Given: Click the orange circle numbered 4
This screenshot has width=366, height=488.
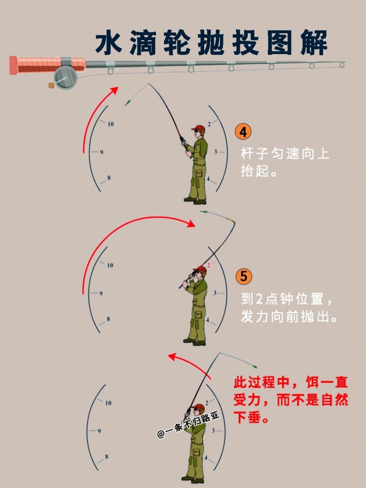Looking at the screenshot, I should pyautogui.click(x=243, y=132).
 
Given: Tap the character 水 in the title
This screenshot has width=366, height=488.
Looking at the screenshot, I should pyautogui.click(x=109, y=43).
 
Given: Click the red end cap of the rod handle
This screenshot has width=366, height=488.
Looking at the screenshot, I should pyautogui.click(x=13, y=65).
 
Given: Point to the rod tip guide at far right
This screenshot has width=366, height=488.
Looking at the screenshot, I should pyautogui.click(x=342, y=64).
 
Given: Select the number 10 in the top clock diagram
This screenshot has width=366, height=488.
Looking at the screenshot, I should pyautogui.click(x=111, y=124).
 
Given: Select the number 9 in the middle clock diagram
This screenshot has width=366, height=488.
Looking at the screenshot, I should pyautogui.click(x=101, y=294).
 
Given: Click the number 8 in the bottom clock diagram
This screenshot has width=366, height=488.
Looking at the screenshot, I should pyautogui.click(x=106, y=456).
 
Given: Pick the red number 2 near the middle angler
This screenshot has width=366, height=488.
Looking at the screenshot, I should pyautogui.click(x=209, y=265).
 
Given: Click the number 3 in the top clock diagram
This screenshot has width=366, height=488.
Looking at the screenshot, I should pyautogui.click(x=215, y=152).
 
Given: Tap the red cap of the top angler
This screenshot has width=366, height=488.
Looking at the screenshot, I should pyautogui.click(x=198, y=128).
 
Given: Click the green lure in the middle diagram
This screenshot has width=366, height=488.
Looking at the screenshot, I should pyautogui.click(x=204, y=212).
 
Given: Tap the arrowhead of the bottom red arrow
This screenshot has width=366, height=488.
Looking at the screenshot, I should pyautogui.click(x=172, y=356).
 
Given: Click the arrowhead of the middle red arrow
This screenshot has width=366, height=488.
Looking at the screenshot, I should pyautogui.click(x=191, y=224).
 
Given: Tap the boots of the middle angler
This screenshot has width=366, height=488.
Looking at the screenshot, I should pyautogui.click(x=194, y=342).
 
